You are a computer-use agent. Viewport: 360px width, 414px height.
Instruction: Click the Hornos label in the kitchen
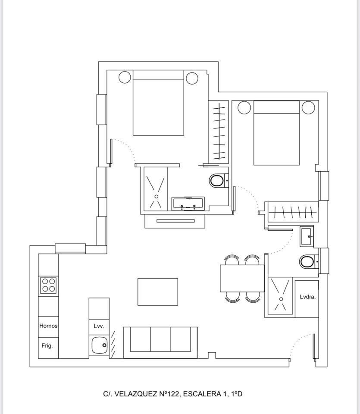(x=48, y=326)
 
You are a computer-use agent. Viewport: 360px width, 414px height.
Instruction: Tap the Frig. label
(x=47, y=345)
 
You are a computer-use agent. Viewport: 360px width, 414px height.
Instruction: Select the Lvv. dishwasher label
(x=99, y=326)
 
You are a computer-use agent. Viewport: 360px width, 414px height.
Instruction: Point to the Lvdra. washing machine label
(x=308, y=297)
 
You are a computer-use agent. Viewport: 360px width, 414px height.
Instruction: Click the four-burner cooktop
(x=49, y=285)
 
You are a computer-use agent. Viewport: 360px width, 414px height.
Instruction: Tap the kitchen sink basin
(x=99, y=345)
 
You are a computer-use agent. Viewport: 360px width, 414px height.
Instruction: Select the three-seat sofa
(x=160, y=342)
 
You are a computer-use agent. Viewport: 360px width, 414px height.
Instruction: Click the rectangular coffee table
(x=158, y=292)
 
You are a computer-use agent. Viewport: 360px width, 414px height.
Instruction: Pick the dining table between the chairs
(x=242, y=278)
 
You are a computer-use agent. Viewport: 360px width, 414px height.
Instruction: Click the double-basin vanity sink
(x=188, y=204)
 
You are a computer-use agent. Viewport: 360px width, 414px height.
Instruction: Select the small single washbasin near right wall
(x=307, y=236)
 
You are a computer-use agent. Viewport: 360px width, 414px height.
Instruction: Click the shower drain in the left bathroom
(x=157, y=197)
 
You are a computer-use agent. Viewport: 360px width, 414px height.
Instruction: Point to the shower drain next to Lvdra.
(x=281, y=299)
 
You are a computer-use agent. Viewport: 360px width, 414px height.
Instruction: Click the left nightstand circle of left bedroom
(x=125, y=77)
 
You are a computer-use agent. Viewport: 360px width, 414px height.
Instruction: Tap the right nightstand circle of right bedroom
(x=308, y=107)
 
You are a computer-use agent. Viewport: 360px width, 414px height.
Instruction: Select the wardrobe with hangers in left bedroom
(x=219, y=132)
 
